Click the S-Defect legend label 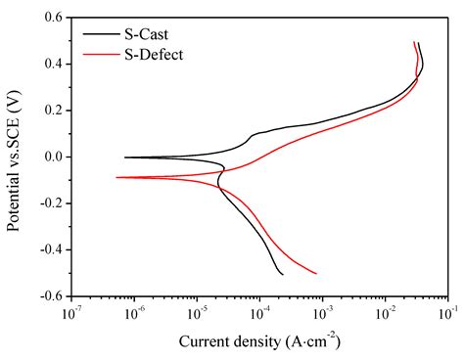click(x=155, y=54)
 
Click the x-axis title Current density click(x=259, y=341)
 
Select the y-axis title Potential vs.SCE click(x=14, y=157)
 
